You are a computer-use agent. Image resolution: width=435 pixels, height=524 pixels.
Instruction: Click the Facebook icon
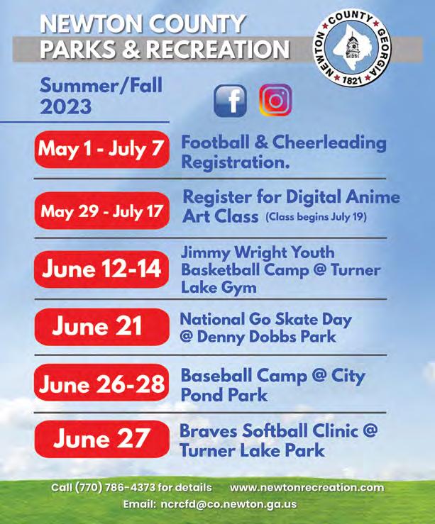point(230,101)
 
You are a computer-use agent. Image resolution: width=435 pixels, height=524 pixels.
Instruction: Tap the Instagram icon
point(275,100)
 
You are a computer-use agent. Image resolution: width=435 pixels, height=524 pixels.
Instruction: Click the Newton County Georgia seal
point(353,48)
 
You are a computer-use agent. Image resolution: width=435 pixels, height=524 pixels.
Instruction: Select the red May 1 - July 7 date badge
point(101,149)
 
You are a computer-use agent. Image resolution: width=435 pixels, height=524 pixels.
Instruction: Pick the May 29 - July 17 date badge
point(101,211)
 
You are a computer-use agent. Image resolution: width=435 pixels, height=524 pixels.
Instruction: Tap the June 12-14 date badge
point(101,269)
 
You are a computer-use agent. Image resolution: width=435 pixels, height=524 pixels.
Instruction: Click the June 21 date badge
point(101,326)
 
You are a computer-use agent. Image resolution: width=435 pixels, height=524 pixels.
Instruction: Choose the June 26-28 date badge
point(101,384)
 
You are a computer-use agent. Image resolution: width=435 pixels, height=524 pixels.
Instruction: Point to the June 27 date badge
point(101,439)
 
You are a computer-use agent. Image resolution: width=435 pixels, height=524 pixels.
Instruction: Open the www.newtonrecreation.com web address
point(307,488)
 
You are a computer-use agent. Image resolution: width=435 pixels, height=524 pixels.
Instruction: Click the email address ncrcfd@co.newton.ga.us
point(228,504)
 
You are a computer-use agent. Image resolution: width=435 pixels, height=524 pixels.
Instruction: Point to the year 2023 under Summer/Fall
point(65,106)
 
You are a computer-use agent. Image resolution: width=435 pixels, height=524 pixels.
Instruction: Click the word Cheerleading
point(329,143)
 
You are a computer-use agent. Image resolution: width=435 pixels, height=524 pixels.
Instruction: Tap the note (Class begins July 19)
point(316,217)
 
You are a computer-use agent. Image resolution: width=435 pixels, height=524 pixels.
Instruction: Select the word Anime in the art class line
point(373,197)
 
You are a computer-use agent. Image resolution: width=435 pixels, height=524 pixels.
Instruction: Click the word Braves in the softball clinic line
point(209,430)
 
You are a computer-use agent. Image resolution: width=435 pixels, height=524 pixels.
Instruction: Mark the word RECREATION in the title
point(218,49)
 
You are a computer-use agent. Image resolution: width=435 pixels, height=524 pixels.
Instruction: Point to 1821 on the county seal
point(352,79)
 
